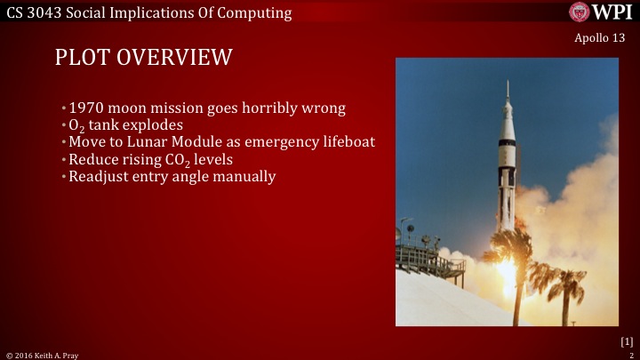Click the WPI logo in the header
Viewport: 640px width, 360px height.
pyautogui.click(x=602, y=12)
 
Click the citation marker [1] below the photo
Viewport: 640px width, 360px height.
pyautogui.click(x=625, y=341)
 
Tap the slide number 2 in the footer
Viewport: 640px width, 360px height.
pyautogui.click(x=629, y=355)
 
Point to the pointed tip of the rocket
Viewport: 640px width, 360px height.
pyautogui.click(x=508, y=83)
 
